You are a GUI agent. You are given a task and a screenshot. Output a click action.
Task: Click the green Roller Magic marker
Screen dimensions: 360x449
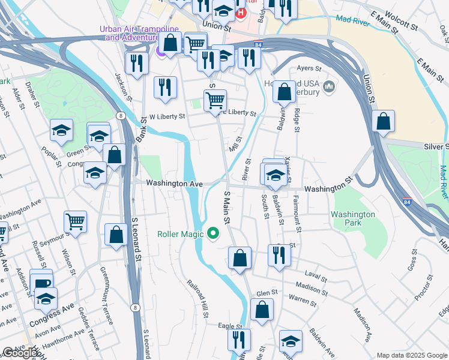pyautogui.click(x=212, y=233)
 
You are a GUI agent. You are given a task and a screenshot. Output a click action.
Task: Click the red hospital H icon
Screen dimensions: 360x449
pyautogui.click(x=241, y=13)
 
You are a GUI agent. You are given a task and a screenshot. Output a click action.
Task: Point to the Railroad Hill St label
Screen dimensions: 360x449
pyautogui.click(x=196, y=297)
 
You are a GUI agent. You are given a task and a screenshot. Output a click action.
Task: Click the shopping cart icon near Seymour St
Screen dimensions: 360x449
pyautogui.click(x=75, y=221)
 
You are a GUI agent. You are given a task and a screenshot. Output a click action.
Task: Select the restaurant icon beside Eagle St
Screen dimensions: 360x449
pyautogui.click(x=239, y=340)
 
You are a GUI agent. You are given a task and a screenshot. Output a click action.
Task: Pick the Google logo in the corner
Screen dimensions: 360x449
pyautogui.click(x=20, y=352)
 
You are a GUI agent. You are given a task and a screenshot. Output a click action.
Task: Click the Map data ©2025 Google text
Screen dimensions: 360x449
pyautogui.click(x=412, y=355)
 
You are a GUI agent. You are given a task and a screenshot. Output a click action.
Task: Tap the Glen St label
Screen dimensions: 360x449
pyautogui.click(x=267, y=292)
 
